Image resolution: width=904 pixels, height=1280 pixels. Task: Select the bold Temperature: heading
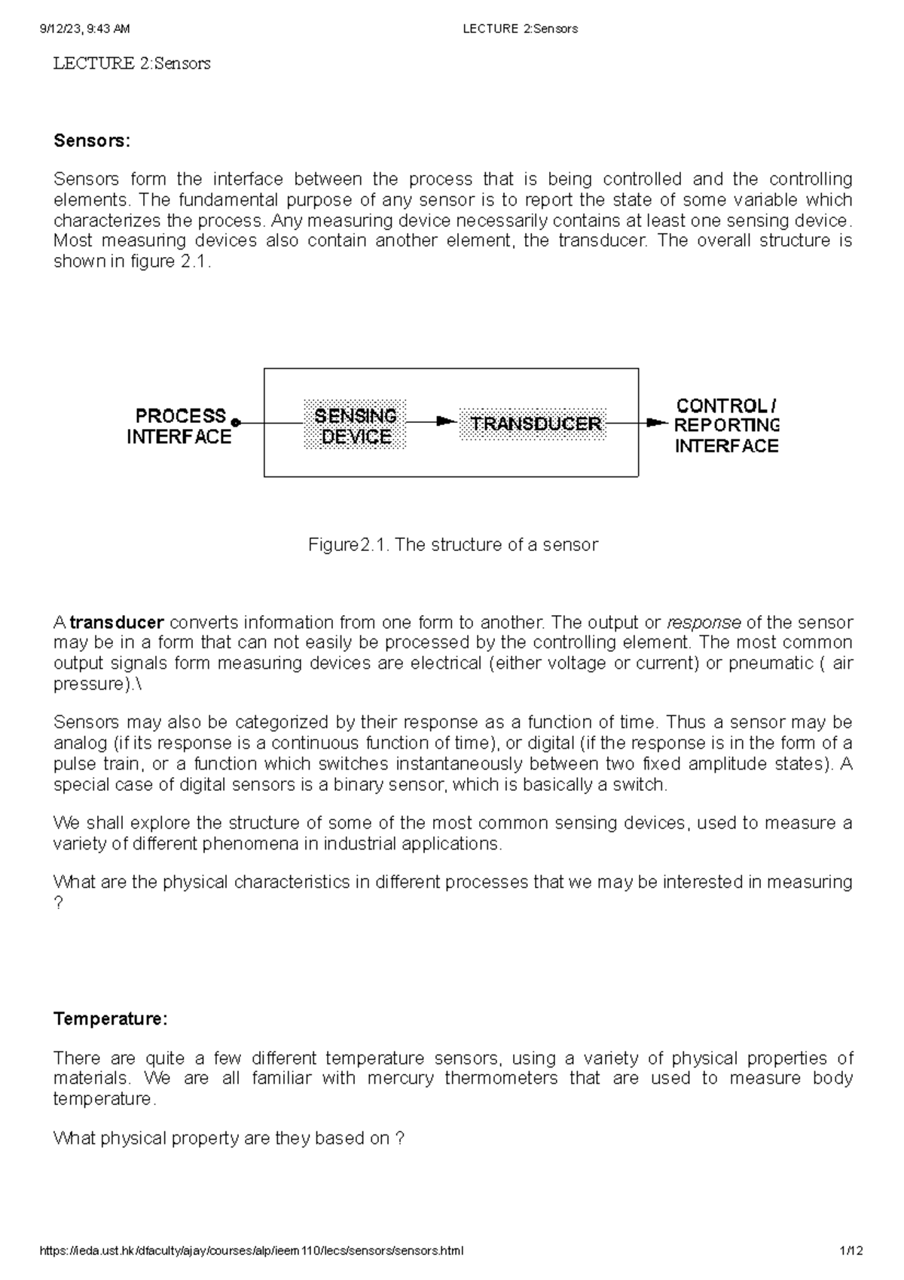tap(111, 1019)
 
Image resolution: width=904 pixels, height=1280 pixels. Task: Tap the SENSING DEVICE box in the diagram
tap(355, 426)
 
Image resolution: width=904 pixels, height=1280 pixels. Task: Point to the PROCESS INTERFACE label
tap(179, 426)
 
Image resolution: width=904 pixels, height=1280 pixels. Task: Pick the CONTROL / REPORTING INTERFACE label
tap(725, 426)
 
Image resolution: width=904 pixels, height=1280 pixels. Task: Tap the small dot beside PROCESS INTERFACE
tap(236, 423)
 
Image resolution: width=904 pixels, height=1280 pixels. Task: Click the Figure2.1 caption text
tap(453, 545)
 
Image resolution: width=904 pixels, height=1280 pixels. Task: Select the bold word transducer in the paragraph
tap(117, 623)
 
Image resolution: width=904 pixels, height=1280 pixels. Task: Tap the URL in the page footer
tap(251, 1251)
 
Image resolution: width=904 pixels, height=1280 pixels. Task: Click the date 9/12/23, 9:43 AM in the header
tap(84, 29)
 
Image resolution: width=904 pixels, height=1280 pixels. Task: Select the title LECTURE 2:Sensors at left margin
tap(131, 63)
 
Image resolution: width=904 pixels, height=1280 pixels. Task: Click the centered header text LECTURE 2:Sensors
tap(520, 29)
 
